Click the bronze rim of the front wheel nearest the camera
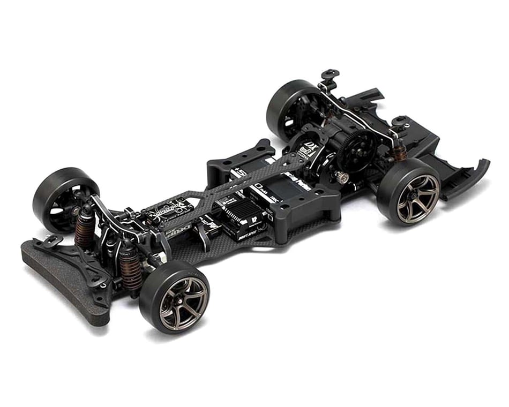183,303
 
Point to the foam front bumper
59,284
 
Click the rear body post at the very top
330,75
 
